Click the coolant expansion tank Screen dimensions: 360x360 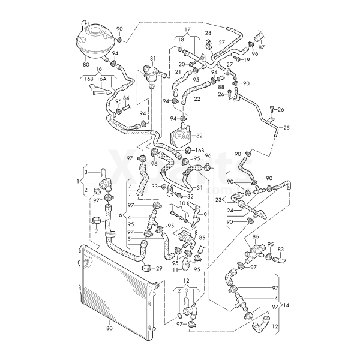[x=94, y=38]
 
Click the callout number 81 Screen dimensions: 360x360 [x=152, y=58]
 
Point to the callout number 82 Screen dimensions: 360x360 [x=199, y=137]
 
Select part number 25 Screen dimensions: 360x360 [x=286, y=128]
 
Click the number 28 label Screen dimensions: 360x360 [x=208, y=33]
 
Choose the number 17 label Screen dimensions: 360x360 [x=187, y=29]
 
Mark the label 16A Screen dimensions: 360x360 [x=101, y=79]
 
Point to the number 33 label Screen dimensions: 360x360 [x=154, y=187]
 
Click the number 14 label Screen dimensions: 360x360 [x=286, y=306]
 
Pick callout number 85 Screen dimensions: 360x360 [x=202, y=238]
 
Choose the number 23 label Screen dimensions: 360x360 [x=218, y=197]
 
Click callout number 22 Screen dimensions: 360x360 [x=197, y=99]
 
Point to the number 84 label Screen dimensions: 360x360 [x=126, y=98]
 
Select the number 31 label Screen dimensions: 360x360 [x=200, y=187]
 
